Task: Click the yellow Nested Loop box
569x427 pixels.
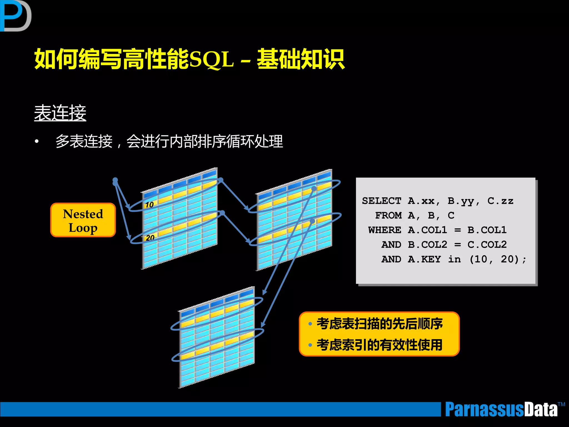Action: pyautogui.click(x=83, y=220)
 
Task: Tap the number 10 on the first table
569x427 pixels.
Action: pyautogui.click(x=149, y=205)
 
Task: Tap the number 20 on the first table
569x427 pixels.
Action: pyautogui.click(x=150, y=238)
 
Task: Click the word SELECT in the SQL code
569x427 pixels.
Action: pyautogui.click(x=381, y=201)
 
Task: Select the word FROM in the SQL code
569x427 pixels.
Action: pyautogui.click(x=388, y=215)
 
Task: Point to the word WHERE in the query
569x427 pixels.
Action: pyautogui.click(x=385, y=230)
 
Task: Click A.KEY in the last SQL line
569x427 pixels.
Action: pyautogui.click(x=424, y=259)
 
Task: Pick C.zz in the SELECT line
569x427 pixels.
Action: pyautogui.click(x=500, y=201)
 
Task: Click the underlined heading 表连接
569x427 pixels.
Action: pyautogui.click(x=60, y=113)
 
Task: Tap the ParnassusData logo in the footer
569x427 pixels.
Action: pyautogui.click(x=501, y=409)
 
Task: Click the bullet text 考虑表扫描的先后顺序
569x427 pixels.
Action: pyautogui.click(x=380, y=324)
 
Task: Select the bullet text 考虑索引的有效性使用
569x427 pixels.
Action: pyautogui.click(x=380, y=345)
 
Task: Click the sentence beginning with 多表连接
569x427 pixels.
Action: pyautogui.click(x=169, y=141)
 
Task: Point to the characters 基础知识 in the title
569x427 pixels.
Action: pyautogui.click(x=301, y=59)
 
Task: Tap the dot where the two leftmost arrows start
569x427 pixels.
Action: pyautogui.click(x=115, y=181)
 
